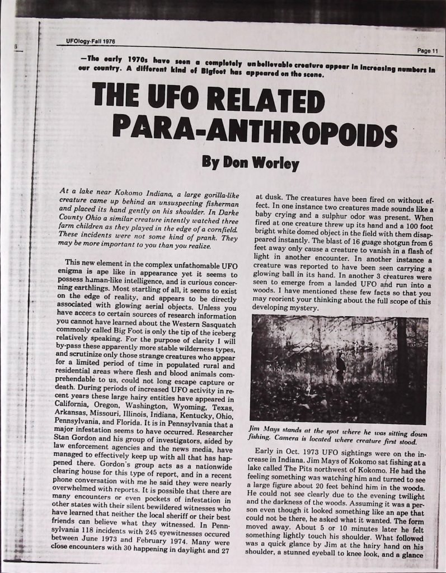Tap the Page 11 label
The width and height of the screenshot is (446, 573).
[429, 51]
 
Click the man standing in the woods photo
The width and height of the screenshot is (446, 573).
[340, 368]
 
